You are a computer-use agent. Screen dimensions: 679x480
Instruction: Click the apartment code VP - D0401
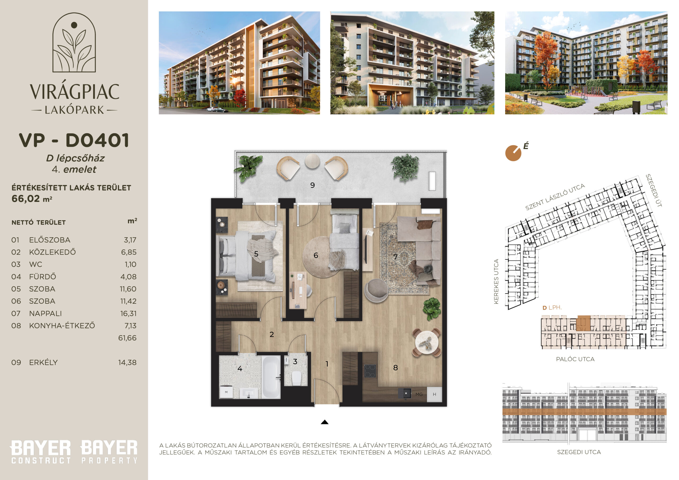74,140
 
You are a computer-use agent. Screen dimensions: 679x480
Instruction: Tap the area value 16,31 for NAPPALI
128,313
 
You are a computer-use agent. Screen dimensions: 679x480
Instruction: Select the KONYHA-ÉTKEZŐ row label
62,325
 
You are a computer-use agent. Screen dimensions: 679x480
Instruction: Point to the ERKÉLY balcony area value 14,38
128,363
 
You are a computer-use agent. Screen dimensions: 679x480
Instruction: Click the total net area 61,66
128,338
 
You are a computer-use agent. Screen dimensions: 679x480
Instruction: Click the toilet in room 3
296,378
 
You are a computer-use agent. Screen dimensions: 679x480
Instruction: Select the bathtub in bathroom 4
271,377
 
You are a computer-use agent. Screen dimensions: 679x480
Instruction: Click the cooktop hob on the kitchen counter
370,371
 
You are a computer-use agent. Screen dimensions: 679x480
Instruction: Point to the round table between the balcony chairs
312,161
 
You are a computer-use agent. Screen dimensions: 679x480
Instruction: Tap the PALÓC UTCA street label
575,359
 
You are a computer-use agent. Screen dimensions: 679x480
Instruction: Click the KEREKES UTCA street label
496,281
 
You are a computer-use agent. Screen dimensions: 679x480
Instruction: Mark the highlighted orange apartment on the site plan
584,323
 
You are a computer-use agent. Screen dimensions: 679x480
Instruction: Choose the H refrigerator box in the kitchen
434,395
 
